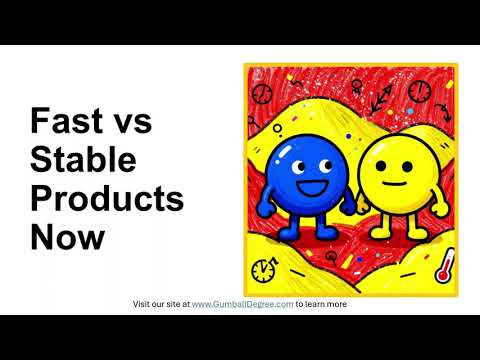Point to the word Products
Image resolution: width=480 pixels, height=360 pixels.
click(107, 198)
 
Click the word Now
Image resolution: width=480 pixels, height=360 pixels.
click(67, 237)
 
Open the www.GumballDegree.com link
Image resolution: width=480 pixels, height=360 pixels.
click(242, 304)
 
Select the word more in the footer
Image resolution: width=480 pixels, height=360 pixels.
click(336, 304)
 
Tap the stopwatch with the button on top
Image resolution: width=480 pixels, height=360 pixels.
click(263, 270)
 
